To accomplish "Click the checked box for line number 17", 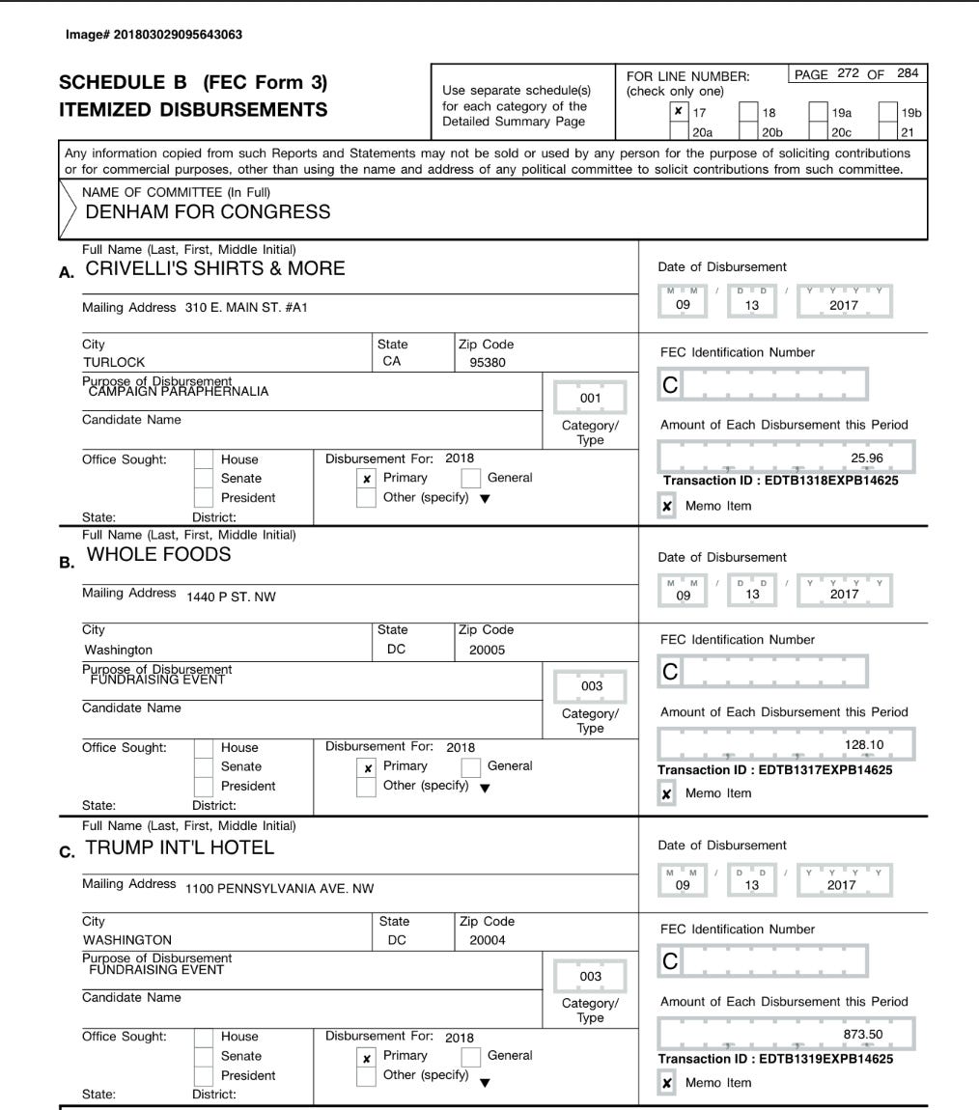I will [679, 112].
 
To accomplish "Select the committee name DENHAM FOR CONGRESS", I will [208, 211].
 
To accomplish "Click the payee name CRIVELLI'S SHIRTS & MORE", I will [215, 269].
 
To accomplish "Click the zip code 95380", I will [488, 363].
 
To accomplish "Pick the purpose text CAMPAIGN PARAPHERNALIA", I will [179, 391].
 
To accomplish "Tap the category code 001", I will [590, 398].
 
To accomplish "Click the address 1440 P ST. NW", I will [231, 597].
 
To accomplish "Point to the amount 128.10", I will [863, 745].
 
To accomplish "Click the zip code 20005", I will [488, 651].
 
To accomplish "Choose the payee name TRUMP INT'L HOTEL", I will [180, 847].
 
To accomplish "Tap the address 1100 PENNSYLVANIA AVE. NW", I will [279, 887].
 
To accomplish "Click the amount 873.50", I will [863, 1035].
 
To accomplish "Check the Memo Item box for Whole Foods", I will [667, 793].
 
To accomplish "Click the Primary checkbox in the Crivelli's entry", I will [367, 479].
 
